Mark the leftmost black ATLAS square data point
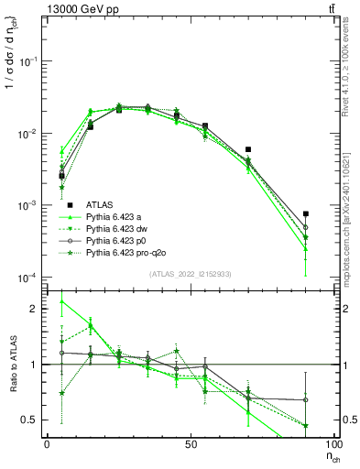click(x=61, y=175)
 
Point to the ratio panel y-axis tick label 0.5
click(x=30, y=420)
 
